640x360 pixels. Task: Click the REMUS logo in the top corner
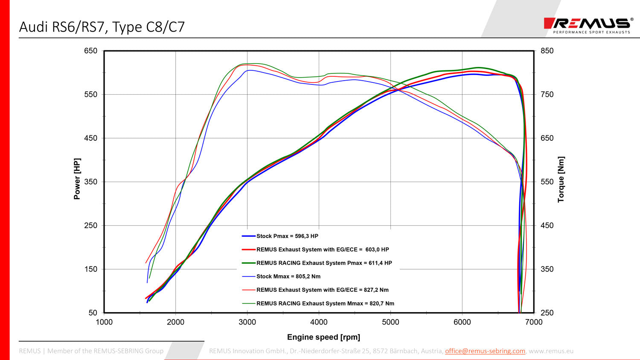588,25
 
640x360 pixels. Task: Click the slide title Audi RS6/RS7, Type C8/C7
102,27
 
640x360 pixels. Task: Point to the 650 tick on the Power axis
90,51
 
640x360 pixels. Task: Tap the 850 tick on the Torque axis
547,51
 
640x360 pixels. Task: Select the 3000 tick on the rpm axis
247,322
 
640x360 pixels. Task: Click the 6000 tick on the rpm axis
462,322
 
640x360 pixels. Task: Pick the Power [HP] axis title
77,179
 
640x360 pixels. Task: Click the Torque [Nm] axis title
561,179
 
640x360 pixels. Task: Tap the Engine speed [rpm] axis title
323,337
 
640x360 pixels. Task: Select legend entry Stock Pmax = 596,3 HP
287,236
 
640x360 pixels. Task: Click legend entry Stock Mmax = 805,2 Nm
288,276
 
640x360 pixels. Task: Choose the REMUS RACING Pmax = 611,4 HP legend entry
324,263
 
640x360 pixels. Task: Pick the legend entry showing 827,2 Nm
322,290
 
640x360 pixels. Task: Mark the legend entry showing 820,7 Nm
325,303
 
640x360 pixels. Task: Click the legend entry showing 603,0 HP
322,250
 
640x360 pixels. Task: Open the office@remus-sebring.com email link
485,351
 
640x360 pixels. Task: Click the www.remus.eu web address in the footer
551,351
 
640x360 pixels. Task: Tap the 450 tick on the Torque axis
547,225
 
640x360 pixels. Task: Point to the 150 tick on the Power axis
90,269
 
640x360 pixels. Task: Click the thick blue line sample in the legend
249,236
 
